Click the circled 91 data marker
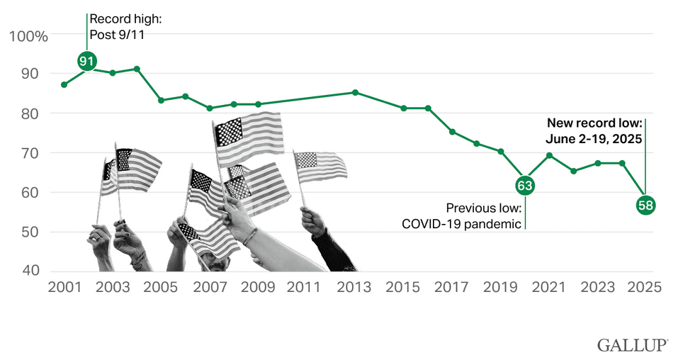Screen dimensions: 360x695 pyautogui.click(x=87, y=62)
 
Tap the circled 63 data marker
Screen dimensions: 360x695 pyautogui.click(x=525, y=186)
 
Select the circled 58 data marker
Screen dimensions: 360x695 pyautogui.click(x=645, y=206)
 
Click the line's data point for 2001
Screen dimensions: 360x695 pyautogui.click(x=64, y=84)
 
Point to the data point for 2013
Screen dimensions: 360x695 pyautogui.click(x=355, y=92)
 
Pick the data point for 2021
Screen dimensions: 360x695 pyautogui.click(x=549, y=155)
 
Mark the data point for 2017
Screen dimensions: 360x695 pyautogui.click(x=452, y=132)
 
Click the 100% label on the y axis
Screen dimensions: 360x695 pyautogui.click(x=29, y=36)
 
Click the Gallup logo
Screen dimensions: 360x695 pyautogui.click(x=632, y=345)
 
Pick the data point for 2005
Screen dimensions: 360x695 pyautogui.click(x=162, y=100)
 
